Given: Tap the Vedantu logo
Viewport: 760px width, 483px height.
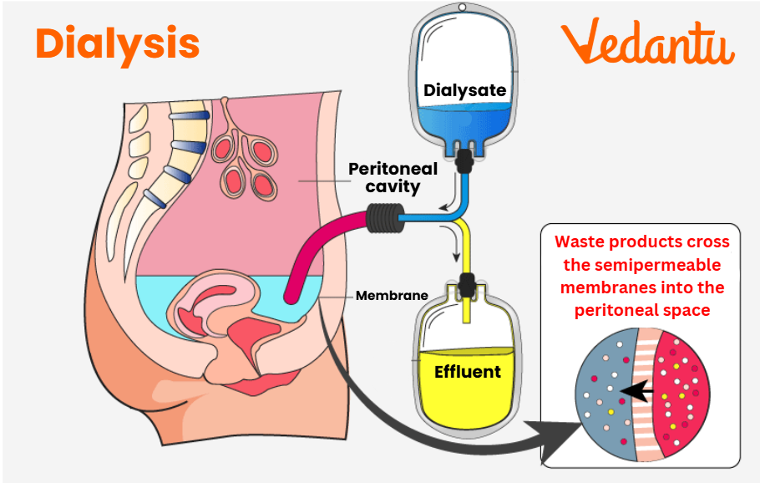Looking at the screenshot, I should [647, 43].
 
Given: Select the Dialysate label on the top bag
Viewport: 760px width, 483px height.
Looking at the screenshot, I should [465, 90].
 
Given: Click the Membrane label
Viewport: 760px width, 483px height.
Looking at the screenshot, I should [392, 295].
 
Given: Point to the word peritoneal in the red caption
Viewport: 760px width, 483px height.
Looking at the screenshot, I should [616, 310].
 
